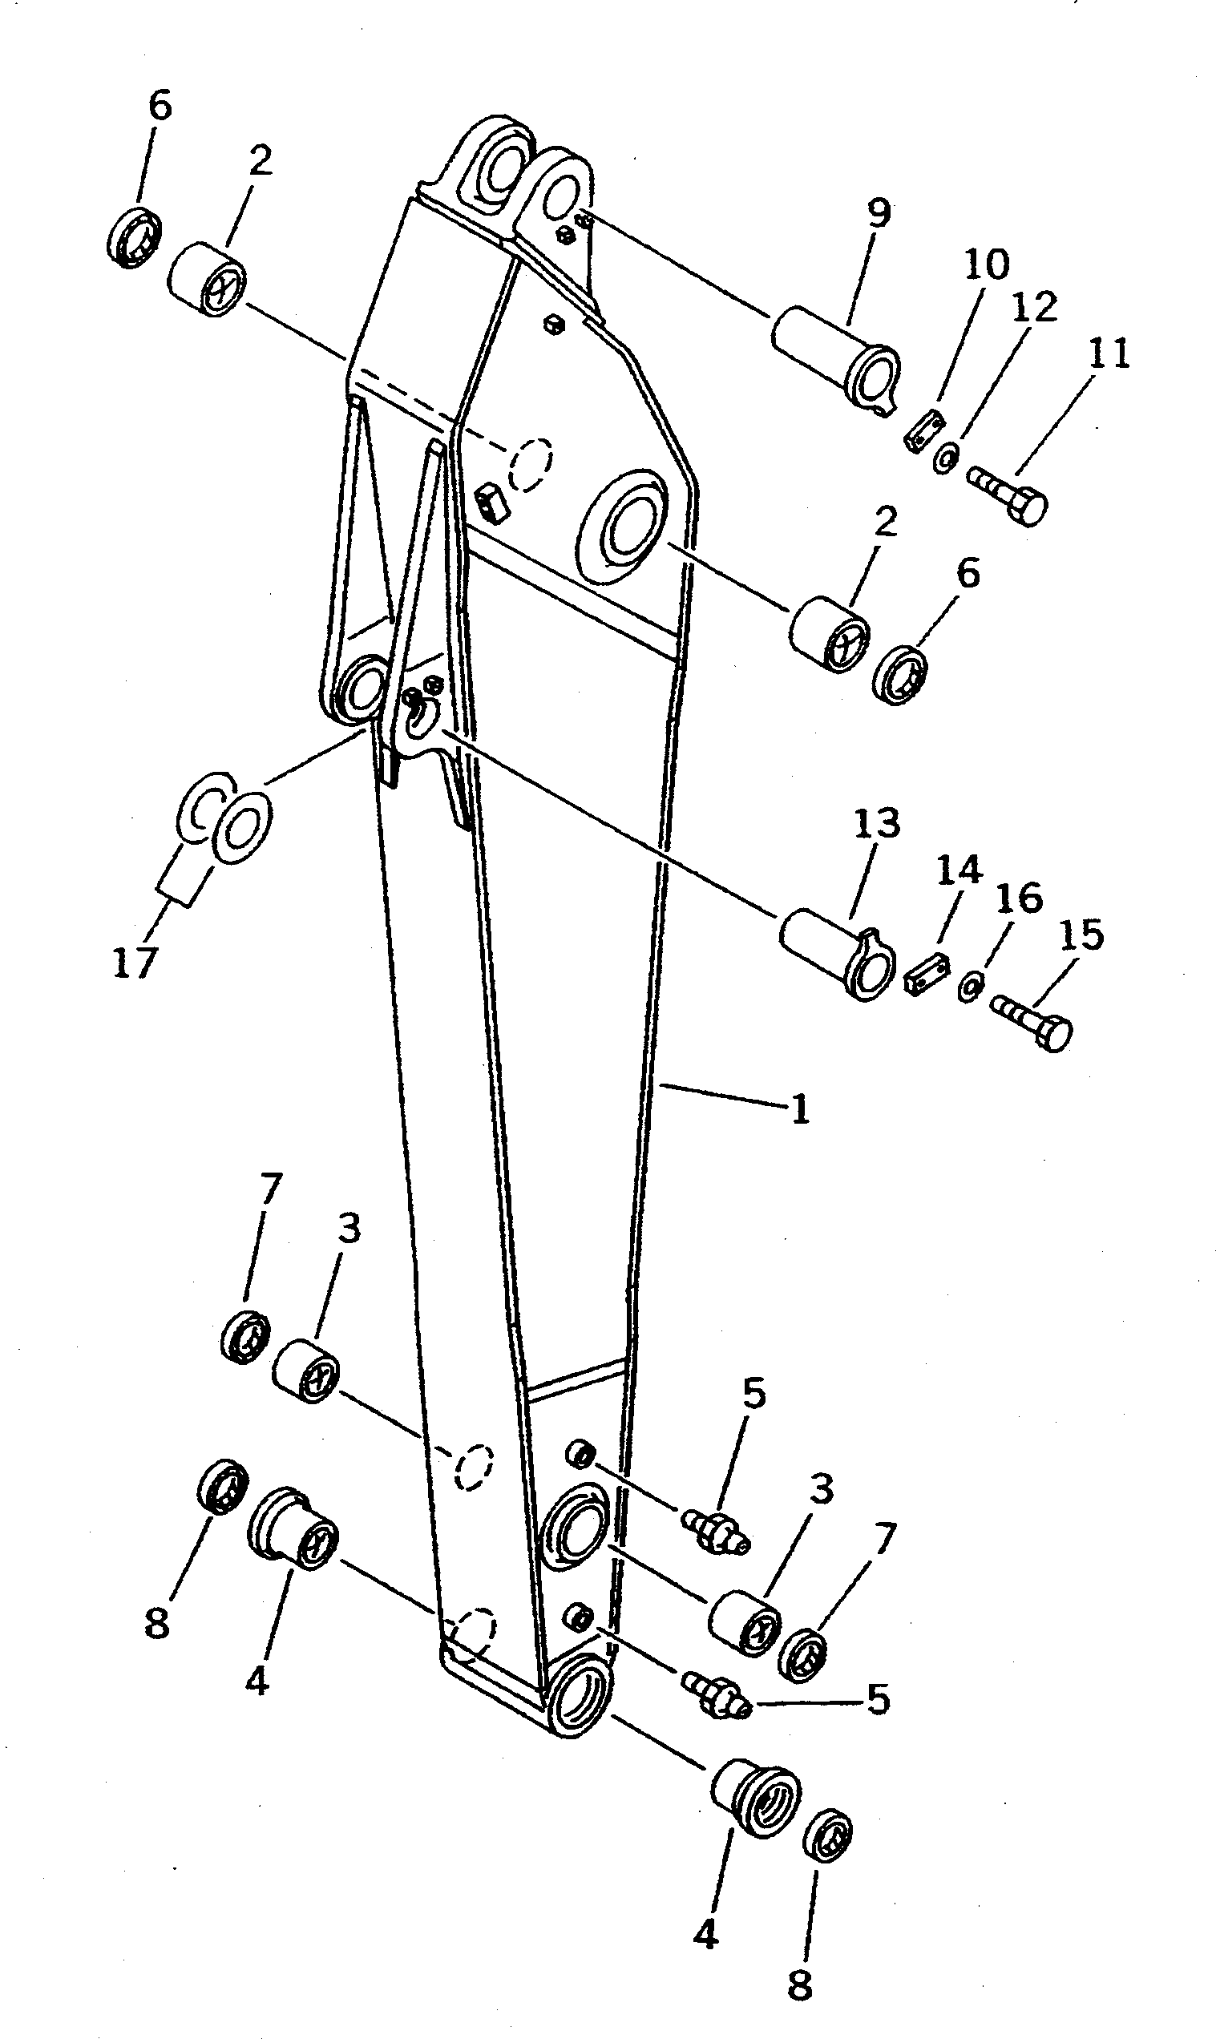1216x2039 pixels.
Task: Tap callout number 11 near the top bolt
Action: (x=1109, y=353)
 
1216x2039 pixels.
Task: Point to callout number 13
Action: (x=877, y=824)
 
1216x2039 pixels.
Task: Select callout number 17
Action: (x=135, y=963)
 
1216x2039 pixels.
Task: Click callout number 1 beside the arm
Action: (x=799, y=1110)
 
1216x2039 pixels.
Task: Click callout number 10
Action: (x=986, y=265)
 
